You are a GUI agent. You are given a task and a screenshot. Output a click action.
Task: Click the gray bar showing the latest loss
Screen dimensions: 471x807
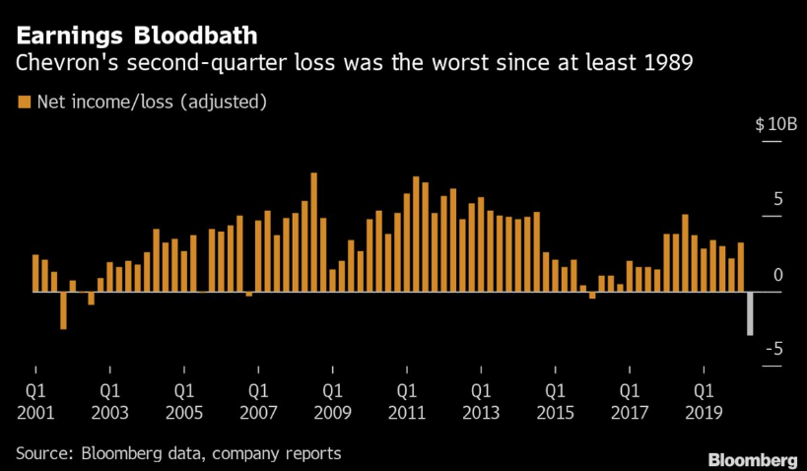pyautogui.click(x=750, y=313)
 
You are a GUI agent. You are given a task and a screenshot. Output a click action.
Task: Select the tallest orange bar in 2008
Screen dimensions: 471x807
pyautogui.click(x=313, y=233)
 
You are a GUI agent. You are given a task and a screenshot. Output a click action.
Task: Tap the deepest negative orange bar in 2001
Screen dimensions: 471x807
pyautogui.click(x=63, y=310)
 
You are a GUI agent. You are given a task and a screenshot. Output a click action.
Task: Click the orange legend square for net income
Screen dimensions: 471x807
pyautogui.click(x=23, y=101)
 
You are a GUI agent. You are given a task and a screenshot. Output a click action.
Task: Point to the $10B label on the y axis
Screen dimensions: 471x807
pyautogui.click(x=775, y=125)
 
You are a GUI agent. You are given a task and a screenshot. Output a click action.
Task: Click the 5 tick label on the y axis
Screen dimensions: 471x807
pyautogui.click(x=777, y=200)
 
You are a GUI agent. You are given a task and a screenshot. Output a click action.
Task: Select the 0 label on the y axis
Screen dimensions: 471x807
pyautogui.click(x=777, y=275)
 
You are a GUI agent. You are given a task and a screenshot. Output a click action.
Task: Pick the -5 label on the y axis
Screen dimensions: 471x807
pyautogui.click(x=774, y=349)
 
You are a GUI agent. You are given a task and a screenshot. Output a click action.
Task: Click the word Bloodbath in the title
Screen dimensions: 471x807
pyautogui.click(x=202, y=36)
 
